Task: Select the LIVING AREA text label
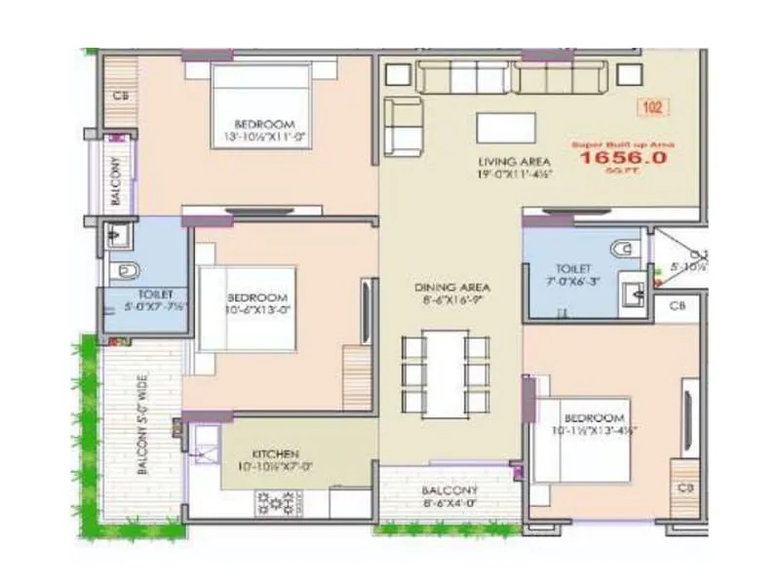point(514,161)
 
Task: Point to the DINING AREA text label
point(451,289)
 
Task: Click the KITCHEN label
point(275,454)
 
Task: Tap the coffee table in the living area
point(505,128)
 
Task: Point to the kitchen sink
point(207,445)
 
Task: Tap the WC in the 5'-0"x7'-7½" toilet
point(122,270)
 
